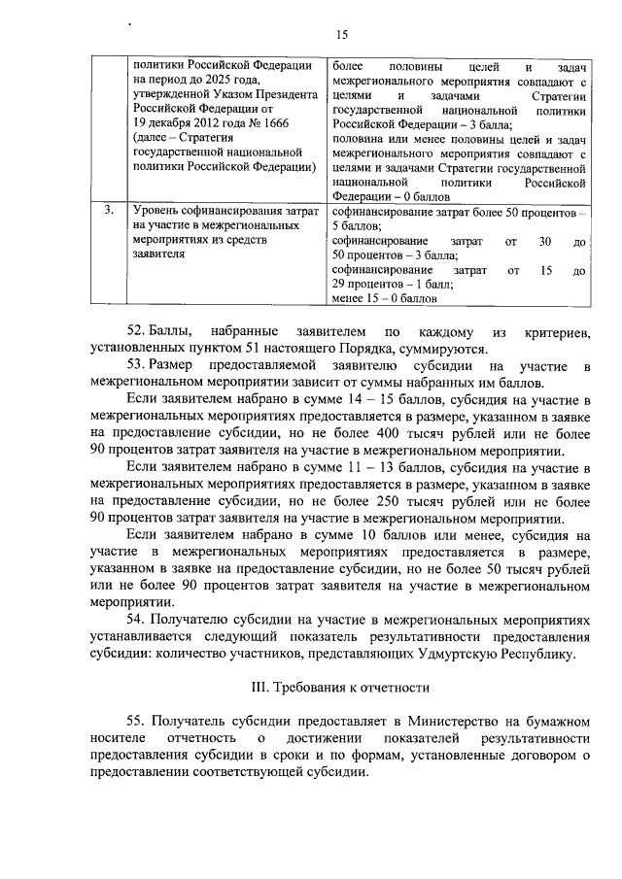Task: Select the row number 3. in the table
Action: click(110, 210)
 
